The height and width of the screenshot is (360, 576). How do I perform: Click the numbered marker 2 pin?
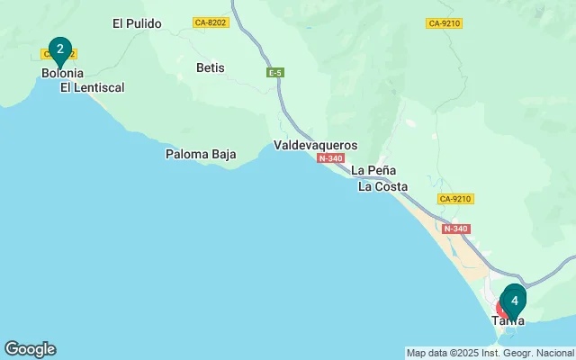coord(59,49)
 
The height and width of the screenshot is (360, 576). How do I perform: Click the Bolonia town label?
coord(62,73)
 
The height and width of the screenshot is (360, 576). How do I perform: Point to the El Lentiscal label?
coord(92,87)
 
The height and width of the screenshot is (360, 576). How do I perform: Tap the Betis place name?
coord(211,67)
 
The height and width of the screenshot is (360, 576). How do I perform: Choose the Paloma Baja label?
coord(201,154)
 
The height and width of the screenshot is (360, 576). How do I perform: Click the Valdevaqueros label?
coord(315,145)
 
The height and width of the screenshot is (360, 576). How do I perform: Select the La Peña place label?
coord(374,170)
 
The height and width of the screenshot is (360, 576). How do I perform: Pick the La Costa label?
coord(382,187)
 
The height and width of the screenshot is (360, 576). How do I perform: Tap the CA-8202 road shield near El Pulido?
coord(211,22)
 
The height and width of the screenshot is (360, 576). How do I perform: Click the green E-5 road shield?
coord(275,72)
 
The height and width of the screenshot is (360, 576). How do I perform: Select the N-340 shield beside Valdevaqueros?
coord(330,158)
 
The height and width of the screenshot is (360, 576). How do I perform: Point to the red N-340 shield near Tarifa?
coord(457,229)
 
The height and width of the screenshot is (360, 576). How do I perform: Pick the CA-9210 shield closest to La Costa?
coord(456,198)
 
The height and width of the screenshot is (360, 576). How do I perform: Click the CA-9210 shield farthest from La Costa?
coord(445,22)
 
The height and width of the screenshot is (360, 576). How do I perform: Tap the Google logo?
coord(30,349)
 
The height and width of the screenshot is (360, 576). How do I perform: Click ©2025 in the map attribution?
coord(460,353)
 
